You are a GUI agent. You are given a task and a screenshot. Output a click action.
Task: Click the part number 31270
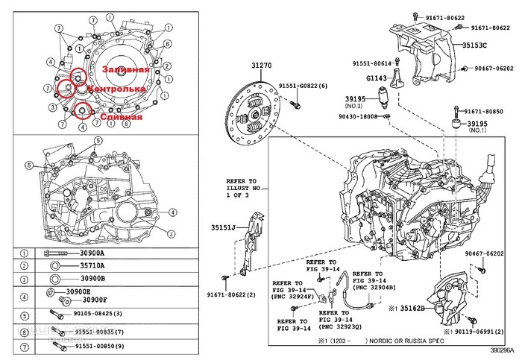261,66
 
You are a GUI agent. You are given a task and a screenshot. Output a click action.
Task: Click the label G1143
377,77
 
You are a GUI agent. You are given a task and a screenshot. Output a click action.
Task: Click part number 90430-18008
356,116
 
